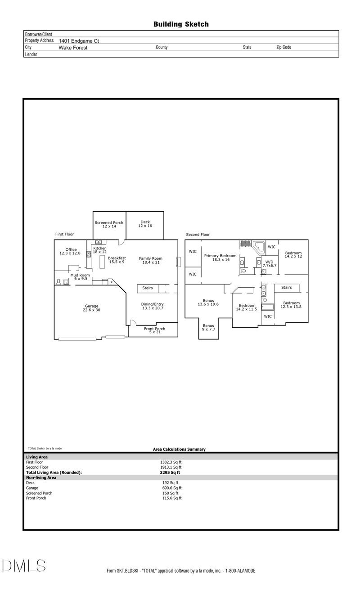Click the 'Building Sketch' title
click(181, 24)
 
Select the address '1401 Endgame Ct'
click(79, 41)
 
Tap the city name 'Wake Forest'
click(73, 47)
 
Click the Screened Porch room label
click(109, 224)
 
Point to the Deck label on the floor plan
click(145, 223)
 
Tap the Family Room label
click(150, 260)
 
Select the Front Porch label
click(154, 330)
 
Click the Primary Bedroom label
click(220, 258)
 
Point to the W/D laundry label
click(269, 263)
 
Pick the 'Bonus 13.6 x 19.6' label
click(208, 302)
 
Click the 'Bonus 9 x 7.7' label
click(208, 327)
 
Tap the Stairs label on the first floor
click(148, 288)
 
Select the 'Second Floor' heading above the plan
click(198, 235)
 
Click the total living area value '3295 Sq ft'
click(170, 472)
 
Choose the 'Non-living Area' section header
click(41, 477)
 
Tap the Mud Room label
click(79, 277)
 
